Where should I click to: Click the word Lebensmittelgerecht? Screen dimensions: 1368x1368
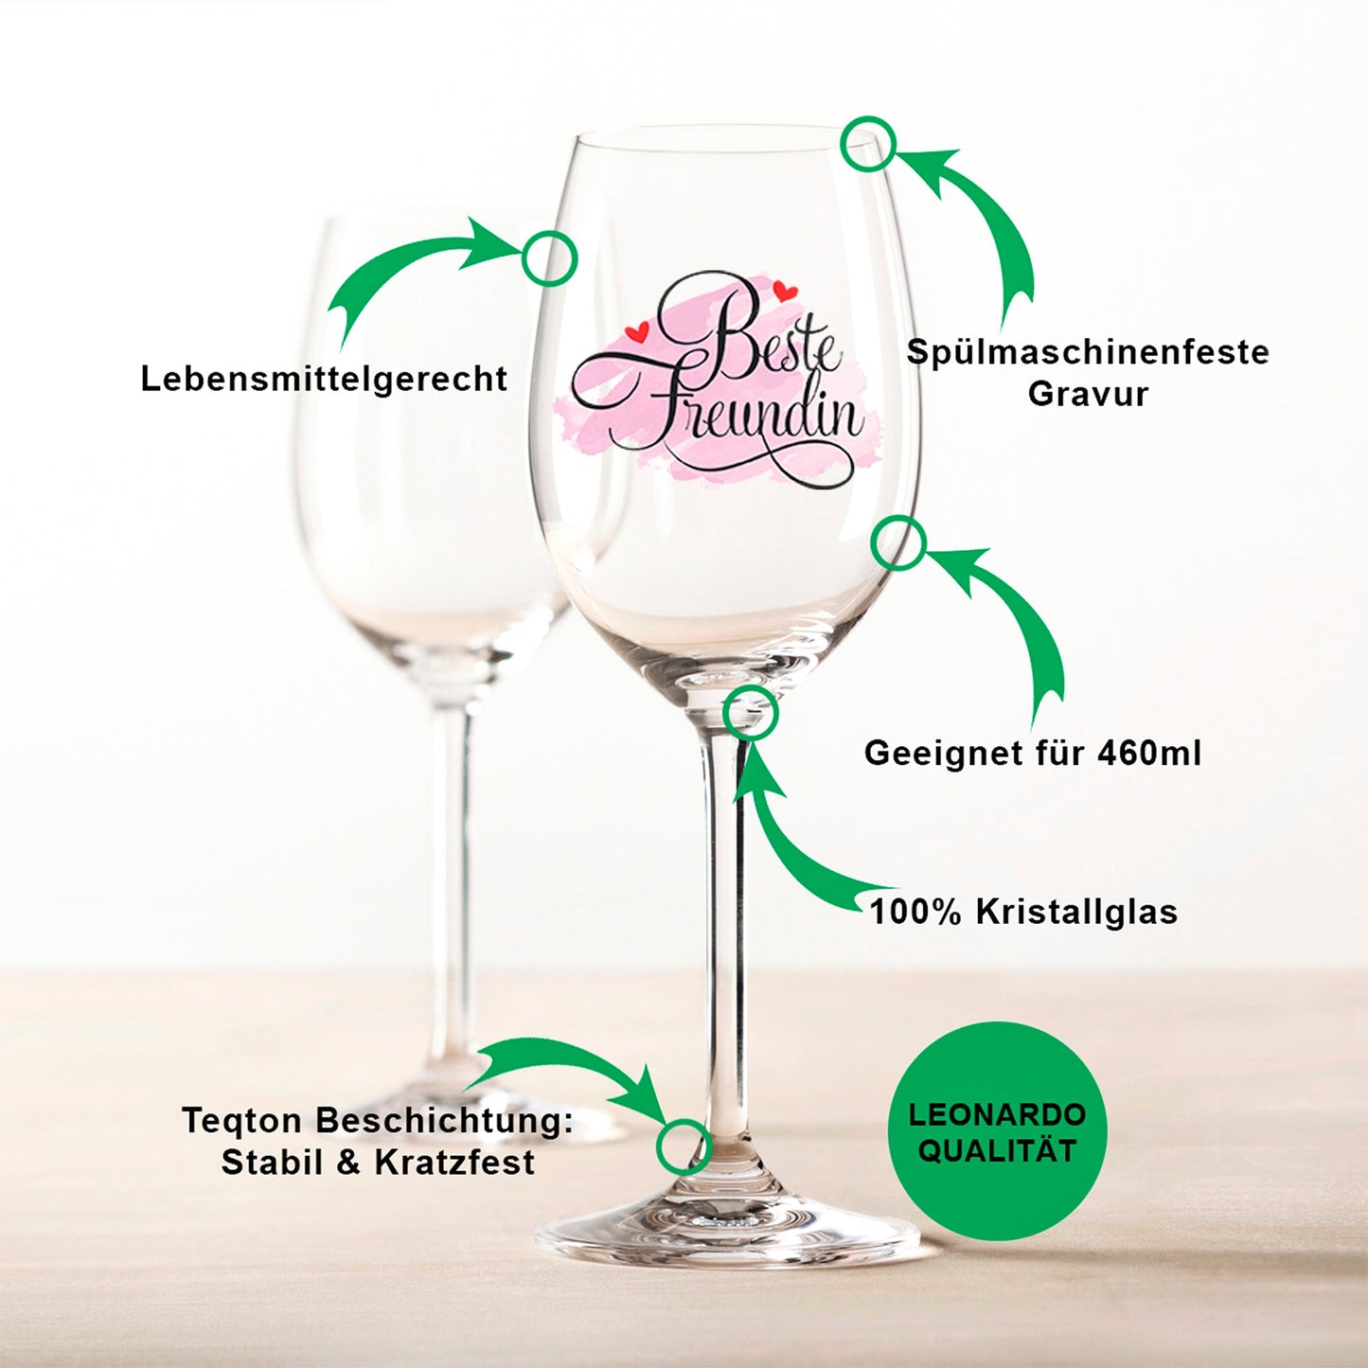[324, 379]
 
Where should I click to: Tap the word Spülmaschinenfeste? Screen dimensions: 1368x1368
[1088, 352]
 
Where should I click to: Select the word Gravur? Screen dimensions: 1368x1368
[1088, 394]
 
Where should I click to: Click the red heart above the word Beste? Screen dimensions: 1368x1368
[785, 291]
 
